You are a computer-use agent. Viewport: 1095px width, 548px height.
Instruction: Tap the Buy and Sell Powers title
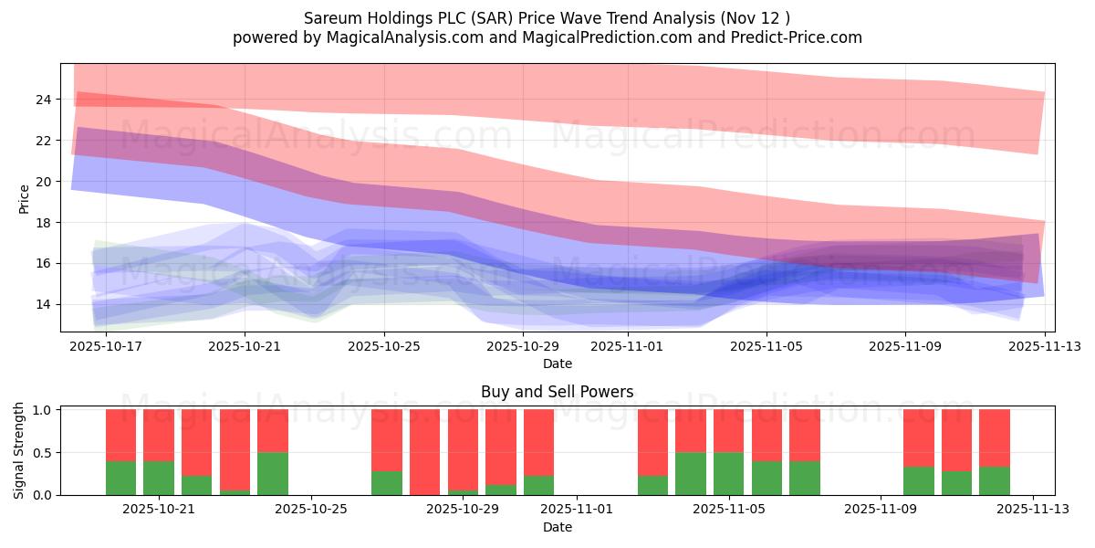coord(557,392)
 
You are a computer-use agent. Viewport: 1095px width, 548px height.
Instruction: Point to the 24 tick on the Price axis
coord(42,100)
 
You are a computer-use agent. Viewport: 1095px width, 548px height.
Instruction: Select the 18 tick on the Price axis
coord(42,223)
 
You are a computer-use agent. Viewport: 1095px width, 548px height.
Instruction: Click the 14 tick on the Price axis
coord(42,305)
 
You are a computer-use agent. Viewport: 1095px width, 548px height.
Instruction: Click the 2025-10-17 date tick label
coord(107,346)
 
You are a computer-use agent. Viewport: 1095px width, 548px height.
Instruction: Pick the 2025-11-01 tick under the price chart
coord(628,346)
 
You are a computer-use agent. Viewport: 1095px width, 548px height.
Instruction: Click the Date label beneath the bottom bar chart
coord(557,527)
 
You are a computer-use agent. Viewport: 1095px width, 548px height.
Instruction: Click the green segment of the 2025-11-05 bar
coord(728,473)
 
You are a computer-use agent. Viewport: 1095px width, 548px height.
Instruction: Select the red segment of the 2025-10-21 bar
coord(159,435)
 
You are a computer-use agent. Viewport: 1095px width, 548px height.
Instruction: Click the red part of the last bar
coord(995,437)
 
